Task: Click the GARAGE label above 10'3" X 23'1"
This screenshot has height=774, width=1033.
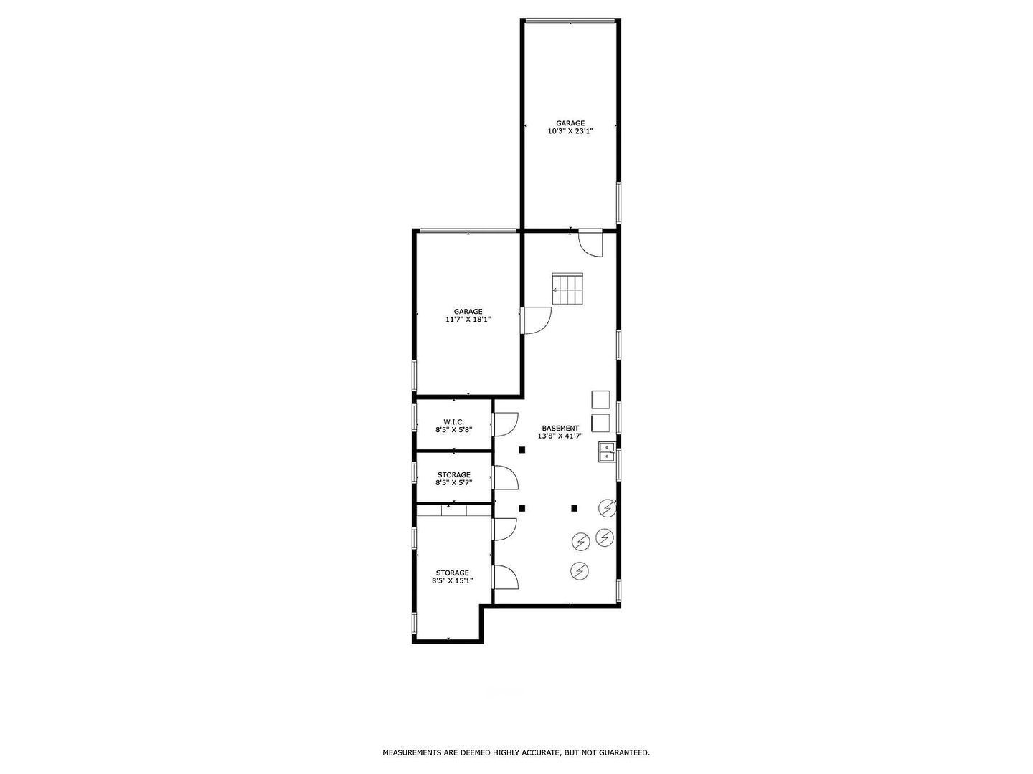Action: click(570, 123)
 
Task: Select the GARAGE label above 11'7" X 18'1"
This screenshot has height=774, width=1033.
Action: click(468, 311)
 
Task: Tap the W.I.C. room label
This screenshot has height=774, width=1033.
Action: click(453, 421)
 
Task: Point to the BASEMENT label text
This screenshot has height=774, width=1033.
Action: click(560, 428)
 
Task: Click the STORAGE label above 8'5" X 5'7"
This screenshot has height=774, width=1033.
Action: click(453, 474)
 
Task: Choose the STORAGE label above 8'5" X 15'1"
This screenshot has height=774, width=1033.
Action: click(452, 573)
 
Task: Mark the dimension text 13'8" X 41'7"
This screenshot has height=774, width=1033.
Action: click(560, 436)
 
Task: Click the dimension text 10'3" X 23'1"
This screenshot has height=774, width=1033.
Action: click(570, 131)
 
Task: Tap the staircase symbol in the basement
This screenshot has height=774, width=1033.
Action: click(570, 288)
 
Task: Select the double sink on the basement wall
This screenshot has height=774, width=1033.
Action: click(607, 451)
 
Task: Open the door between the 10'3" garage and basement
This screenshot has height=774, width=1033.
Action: click(590, 244)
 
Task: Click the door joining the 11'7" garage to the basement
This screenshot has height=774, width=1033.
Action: click(535, 320)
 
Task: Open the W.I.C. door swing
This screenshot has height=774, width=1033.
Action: click(505, 424)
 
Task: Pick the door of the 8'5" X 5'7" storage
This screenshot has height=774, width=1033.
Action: click(505, 477)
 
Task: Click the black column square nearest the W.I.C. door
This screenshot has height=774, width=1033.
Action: click(522, 450)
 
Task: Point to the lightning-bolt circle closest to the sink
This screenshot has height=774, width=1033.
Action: click(608, 507)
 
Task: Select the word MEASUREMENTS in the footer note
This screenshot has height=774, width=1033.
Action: click(411, 752)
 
